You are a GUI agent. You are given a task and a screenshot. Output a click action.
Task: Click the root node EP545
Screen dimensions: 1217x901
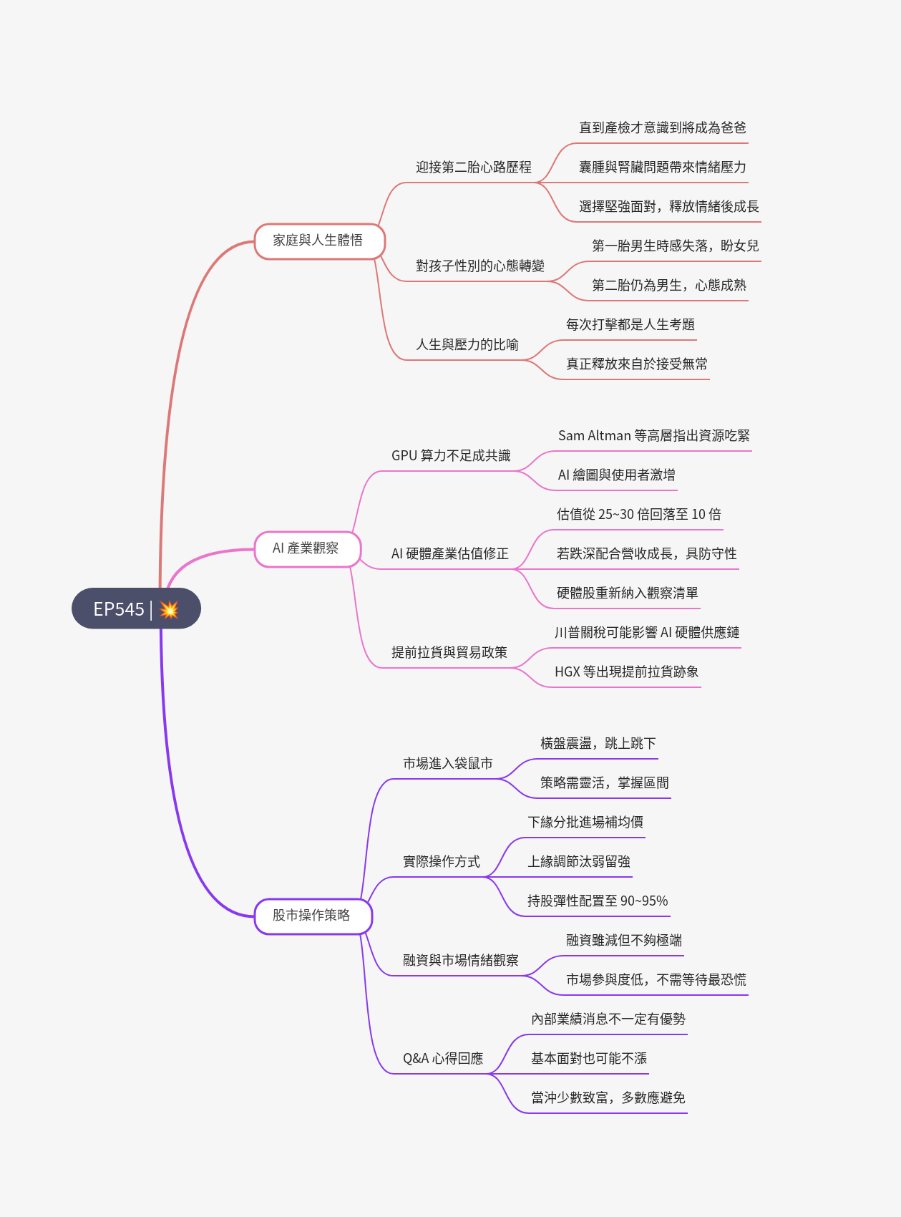[x=120, y=608]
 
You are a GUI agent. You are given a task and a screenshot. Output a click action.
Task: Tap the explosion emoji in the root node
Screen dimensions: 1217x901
[x=169, y=609]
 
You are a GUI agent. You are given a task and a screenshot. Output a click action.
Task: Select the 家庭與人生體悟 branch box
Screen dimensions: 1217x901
[x=319, y=241]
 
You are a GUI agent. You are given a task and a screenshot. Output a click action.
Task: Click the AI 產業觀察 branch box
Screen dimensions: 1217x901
[x=306, y=548]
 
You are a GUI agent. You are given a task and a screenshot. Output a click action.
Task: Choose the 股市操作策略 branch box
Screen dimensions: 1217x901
[x=313, y=916]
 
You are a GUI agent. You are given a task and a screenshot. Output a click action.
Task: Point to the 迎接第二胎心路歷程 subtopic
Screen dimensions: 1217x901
[x=474, y=168]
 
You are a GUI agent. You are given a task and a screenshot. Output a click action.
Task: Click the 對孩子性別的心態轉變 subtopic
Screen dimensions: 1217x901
[x=480, y=266]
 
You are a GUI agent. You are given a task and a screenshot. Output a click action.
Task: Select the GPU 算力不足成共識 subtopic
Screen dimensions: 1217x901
[x=451, y=456]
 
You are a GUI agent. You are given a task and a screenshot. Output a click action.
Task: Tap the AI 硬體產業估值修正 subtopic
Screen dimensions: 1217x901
[x=450, y=554]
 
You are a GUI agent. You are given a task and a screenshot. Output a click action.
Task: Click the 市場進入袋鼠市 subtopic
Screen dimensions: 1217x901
[x=448, y=764]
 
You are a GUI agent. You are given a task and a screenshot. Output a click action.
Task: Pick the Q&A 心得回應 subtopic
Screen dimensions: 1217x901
[x=443, y=1059]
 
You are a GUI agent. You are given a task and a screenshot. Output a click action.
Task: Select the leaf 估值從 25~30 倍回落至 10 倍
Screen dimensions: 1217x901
[x=638, y=515]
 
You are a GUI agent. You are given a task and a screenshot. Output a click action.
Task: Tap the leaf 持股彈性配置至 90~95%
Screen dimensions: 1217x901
[x=598, y=901]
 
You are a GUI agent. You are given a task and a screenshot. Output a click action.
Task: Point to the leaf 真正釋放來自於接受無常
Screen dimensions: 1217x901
[x=637, y=364]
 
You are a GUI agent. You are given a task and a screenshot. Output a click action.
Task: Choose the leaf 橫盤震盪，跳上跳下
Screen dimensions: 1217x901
[x=598, y=744]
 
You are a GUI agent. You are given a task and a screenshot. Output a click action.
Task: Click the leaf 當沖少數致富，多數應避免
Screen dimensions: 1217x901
[x=608, y=1098]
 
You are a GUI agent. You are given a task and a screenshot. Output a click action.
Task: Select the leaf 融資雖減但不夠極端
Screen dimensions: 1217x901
[x=624, y=941]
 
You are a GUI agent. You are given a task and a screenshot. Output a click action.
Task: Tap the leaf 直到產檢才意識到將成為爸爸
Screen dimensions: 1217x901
[x=663, y=128]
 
